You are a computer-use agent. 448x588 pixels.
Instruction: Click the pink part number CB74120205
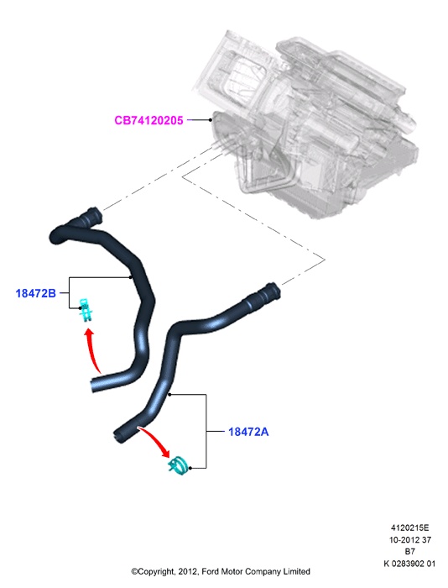148,120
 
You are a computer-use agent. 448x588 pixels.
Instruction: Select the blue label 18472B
35,293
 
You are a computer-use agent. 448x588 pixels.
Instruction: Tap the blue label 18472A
248,432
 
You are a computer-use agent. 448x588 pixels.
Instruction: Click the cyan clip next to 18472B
86,309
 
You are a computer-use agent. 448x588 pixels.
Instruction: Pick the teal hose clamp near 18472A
179,465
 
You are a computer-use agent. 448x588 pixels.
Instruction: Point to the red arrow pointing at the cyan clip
91,349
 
